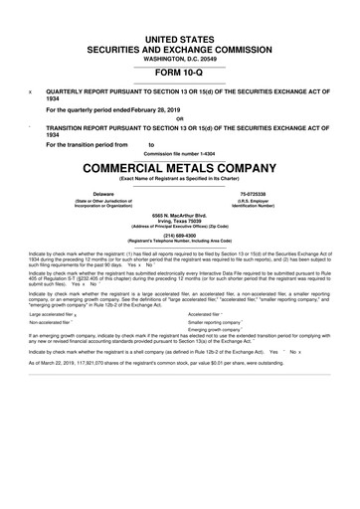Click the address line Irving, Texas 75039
(x=180, y=221)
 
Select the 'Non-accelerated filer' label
(x=50, y=351)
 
